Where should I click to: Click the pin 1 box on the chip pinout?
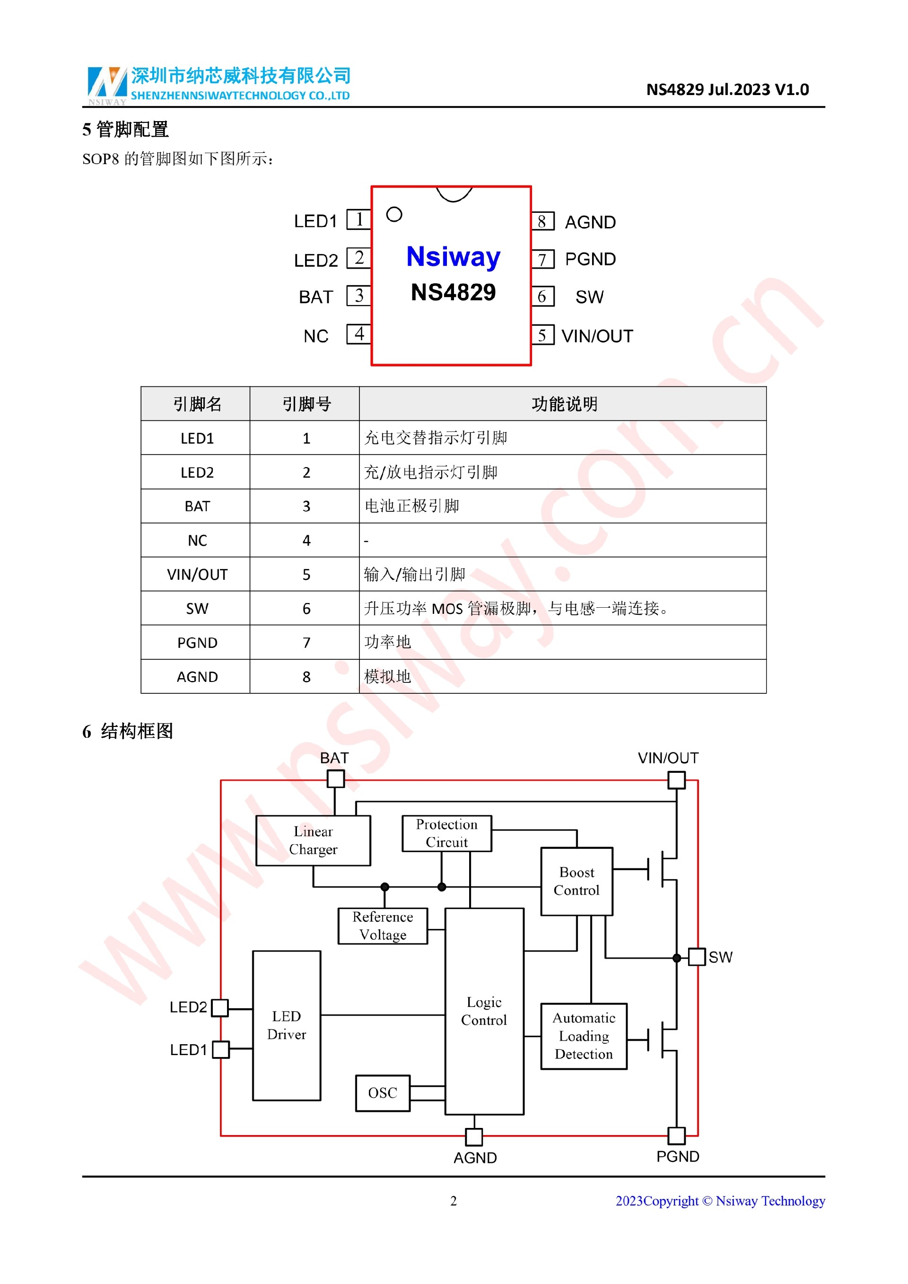pos(358,219)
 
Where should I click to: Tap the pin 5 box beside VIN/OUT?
pos(542,335)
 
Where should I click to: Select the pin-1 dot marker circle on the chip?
pos(394,214)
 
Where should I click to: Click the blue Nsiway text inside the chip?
pos(453,257)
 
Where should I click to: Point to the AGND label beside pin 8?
pos(590,222)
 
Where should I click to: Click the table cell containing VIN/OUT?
pos(197,574)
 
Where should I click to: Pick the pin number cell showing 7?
pos(306,643)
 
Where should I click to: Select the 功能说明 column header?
pos(564,404)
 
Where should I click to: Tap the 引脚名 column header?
pos(197,404)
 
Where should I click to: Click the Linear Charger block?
pos(313,840)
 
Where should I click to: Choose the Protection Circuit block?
pos(447,833)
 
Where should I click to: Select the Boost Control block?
pos(576,882)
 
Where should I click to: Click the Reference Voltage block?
pos(383,926)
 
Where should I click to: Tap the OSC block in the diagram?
pos(383,1093)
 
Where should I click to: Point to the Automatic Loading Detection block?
pos(584,1036)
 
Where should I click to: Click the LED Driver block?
pos(287,1025)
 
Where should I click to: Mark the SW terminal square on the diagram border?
pos(697,957)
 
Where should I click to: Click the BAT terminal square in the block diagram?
pos(335,778)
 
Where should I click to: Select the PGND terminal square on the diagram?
pos(677,1136)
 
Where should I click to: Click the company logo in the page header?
pos(107,85)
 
